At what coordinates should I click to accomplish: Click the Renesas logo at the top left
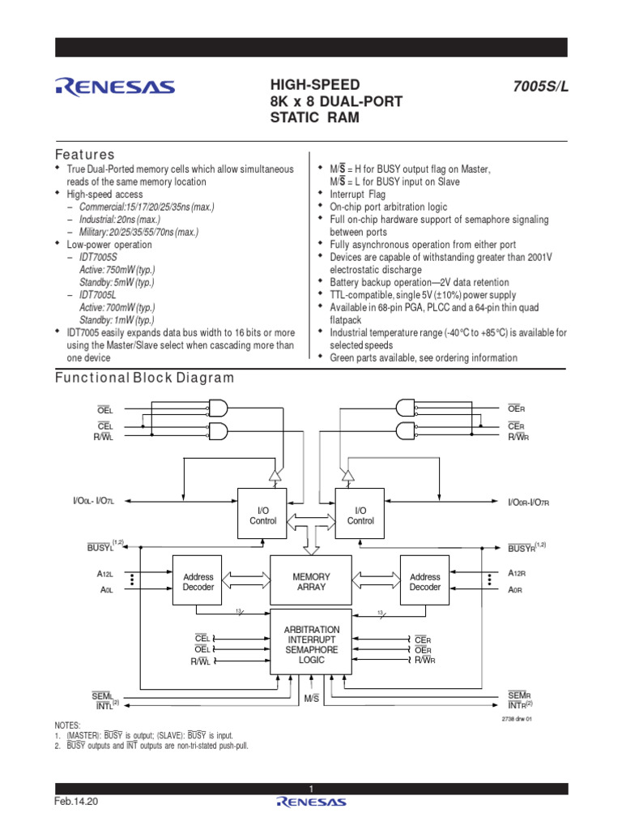[x=113, y=86]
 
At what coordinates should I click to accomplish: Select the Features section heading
[x=84, y=154]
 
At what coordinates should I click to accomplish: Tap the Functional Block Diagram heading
[x=144, y=378]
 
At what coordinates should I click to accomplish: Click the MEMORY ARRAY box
[x=311, y=581]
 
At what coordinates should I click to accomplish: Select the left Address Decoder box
[x=198, y=581]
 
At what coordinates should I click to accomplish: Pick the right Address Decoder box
[x=424, y=581]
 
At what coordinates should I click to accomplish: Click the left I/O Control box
[x=262, y=515]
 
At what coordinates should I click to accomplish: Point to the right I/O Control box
[x=360, y=515]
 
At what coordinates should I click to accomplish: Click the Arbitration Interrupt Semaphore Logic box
[x=311, y=644]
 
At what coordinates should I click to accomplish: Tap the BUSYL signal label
[x=103, y=548]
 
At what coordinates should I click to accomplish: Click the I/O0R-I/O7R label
[x=528, y=503]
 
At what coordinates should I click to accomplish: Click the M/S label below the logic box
[x=311, y=697]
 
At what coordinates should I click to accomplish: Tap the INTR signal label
[x=520, y=705]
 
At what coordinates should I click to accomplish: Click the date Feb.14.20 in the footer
[x=76, y=801]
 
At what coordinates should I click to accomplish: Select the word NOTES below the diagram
[x=67, y=725]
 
